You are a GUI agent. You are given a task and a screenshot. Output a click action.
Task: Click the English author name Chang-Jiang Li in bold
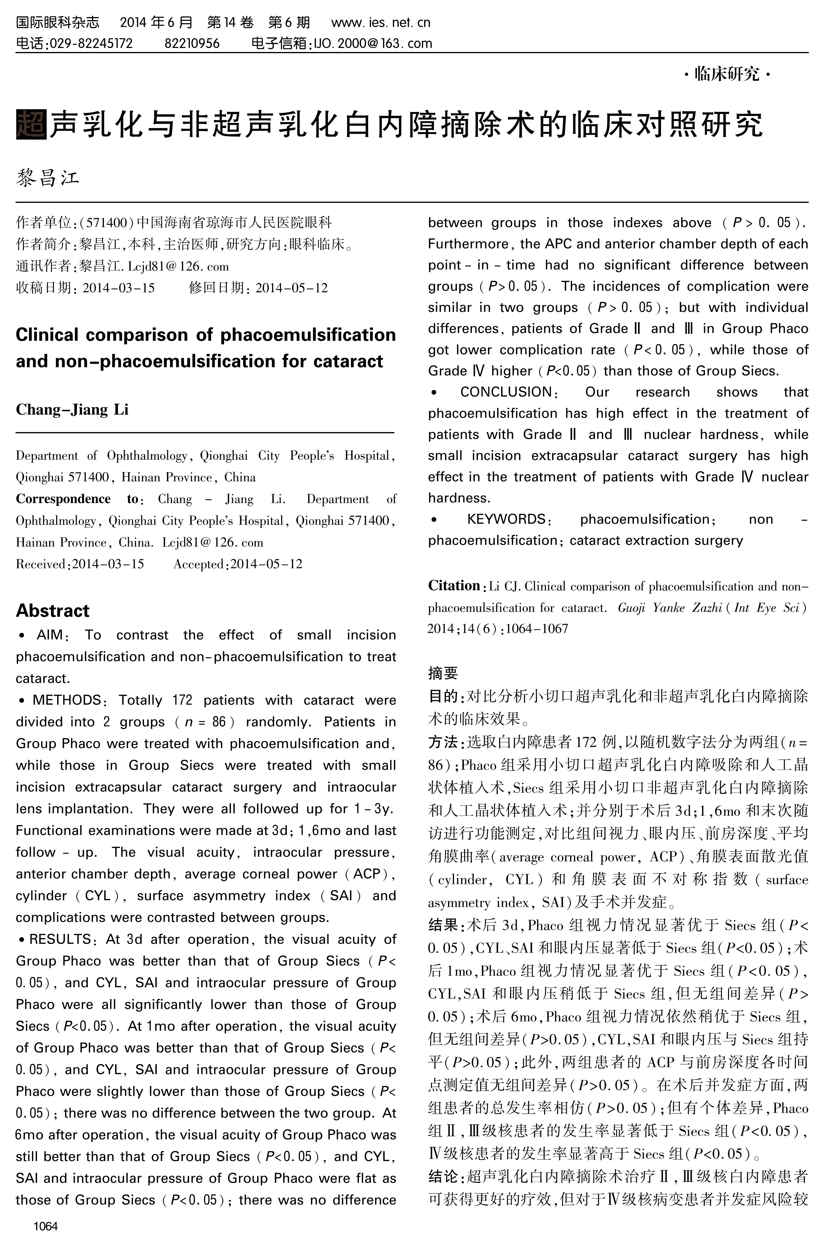(x=72, y=410)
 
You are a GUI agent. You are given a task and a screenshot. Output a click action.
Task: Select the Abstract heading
(x=52, y=611)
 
